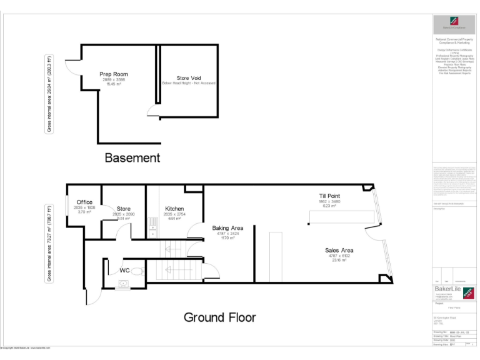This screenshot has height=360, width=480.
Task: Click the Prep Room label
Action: [114, 74]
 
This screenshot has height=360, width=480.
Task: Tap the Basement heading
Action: [132, 157]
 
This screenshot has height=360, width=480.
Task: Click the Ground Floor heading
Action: [219, 317]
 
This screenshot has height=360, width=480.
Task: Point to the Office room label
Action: [84, 202]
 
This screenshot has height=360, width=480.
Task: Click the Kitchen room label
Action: [174, 209]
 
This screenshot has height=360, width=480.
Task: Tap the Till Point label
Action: [329, 196]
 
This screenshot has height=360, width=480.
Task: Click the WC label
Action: [124, 271]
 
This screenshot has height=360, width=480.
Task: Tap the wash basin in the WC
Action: [124, 284]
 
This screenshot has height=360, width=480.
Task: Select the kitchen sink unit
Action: [152, 230]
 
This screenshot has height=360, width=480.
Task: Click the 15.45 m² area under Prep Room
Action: [114, 84]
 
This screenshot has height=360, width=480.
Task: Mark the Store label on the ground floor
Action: [123, 209]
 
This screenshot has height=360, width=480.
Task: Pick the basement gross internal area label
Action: [49, 94]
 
